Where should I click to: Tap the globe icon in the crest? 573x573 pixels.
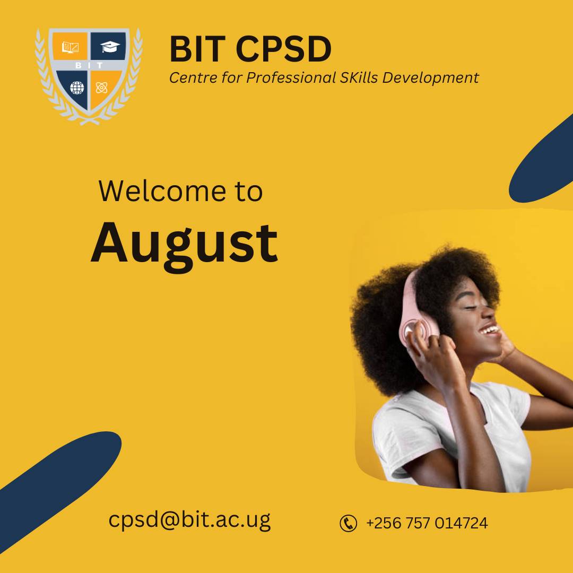[x=77, y=88]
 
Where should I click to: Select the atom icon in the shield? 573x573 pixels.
[x=102, y=88]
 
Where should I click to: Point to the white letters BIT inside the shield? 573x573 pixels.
[x=89, y=66]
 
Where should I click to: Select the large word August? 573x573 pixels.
[x=184, y=244]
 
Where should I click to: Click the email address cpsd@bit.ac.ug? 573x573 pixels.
[x=189, y=519]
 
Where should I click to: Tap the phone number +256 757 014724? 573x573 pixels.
[x=427, y=523]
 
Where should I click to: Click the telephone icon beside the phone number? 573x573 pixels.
[x=348, y=523]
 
